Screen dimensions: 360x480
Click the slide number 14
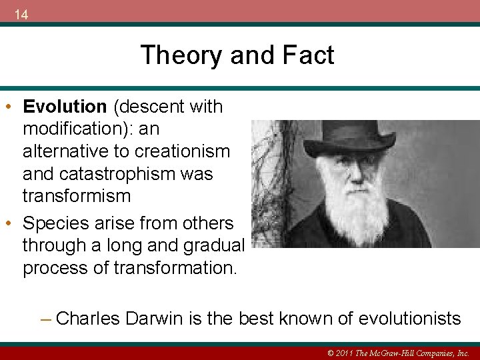(x=21, y=15)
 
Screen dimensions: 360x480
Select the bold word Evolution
(x=65, y=107)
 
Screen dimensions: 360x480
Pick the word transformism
(x=76, y=196)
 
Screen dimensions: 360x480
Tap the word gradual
(x=213, y=245)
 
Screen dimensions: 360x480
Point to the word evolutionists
(x=409, y=319)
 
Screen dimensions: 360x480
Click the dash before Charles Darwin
(x=45, y=319)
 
